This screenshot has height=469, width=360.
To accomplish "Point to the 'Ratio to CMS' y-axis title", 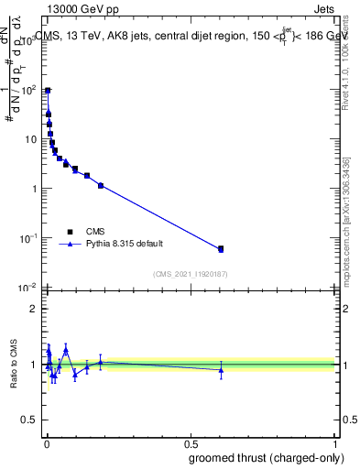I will pyautogui.click(x=14, y=365).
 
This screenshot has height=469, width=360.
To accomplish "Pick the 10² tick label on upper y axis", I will pyautogui.click(x=28, y=90).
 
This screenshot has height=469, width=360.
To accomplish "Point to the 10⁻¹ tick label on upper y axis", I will pyautogui.click(x=28, y=238).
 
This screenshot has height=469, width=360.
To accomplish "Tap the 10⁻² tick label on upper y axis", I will pyautogui.click(x=28, y=288).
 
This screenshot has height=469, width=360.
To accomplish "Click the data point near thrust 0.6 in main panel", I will pyautogui.click(x=221, y=249).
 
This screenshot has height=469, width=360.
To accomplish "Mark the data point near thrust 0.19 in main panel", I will pyautogui.click(x=101, y=185).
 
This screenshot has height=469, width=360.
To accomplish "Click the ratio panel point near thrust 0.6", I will pyautogui.click(x=221, y=370).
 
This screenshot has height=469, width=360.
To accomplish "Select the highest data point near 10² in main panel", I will pyautogui.click(x=47, y=91).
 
